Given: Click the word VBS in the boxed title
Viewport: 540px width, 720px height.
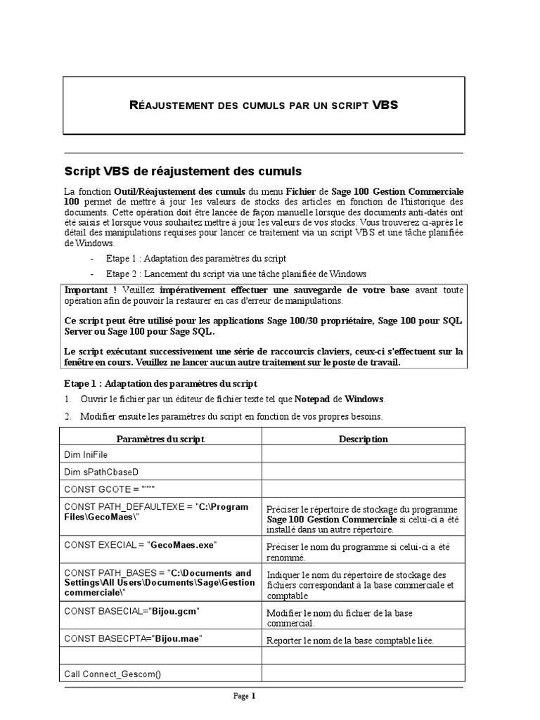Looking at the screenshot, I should click(385, 105).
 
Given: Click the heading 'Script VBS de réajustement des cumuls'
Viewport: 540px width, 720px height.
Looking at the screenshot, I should click(183, 171).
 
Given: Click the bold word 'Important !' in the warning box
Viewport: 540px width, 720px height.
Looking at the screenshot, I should click(91, 290).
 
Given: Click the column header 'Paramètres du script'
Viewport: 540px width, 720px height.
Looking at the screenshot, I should click(160, 439).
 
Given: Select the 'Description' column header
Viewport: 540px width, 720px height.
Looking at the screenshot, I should click(363, 439).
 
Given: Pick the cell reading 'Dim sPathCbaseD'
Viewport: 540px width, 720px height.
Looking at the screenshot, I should click(97, 472).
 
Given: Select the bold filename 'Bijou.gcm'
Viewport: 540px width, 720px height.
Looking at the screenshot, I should click(172, 612).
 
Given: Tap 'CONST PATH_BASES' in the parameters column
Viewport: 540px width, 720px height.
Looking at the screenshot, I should click(102, 572).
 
